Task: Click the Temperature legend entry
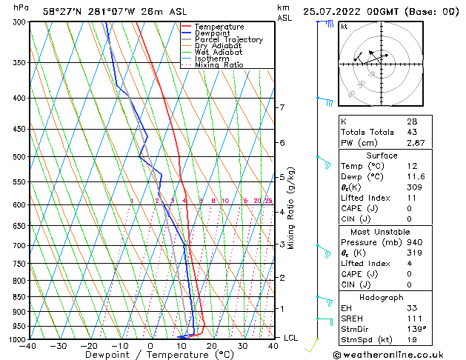(219, 27)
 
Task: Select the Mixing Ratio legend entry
(219, 65)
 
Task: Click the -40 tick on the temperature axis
(29, 346)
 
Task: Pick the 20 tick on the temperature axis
(212, 346)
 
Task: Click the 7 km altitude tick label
(282, 107)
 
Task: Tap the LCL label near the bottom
(291, 338)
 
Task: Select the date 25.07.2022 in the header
(337, 11)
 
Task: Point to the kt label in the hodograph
(344, 26)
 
